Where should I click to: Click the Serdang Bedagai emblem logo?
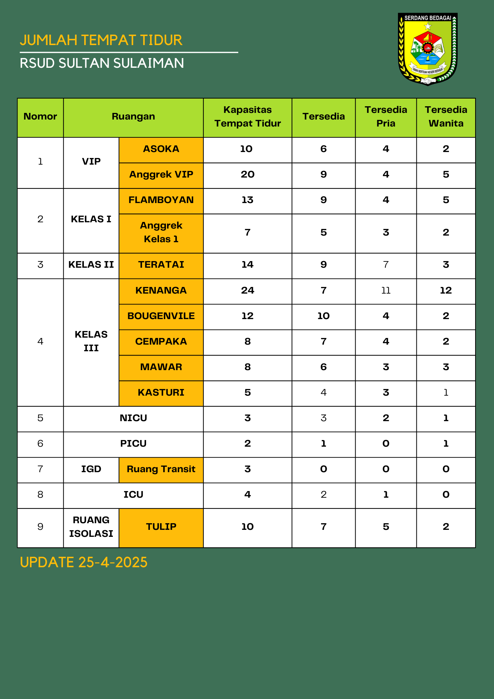coord(428,49)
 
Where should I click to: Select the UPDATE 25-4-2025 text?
coord(83,562)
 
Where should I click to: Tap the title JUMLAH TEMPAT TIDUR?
coord(101,40)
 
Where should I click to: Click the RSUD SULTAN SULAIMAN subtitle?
coord(102,63)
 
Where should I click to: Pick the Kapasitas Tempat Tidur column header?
coord(247,116)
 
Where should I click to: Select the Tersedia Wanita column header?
coord(446,116)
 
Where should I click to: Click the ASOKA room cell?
coord(161,149)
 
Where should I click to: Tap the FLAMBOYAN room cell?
coord(161,200)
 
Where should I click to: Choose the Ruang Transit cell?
coord(161,469)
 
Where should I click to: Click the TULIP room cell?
coord(161,527)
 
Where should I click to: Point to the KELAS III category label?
coord(91,341)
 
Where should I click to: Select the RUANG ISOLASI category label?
coord(91,527)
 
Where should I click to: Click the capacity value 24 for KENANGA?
coord(247,290)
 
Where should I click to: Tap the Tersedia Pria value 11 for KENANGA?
coord(386,290)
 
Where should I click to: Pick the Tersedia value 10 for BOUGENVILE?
coord(324,316)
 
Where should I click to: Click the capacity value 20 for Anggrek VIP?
coord(247,175)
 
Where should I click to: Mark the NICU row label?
coord(133,418)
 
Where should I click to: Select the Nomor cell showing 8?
coord(41,495)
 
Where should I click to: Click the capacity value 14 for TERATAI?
coord(247,265)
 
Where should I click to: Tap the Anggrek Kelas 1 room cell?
coord(161,232)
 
